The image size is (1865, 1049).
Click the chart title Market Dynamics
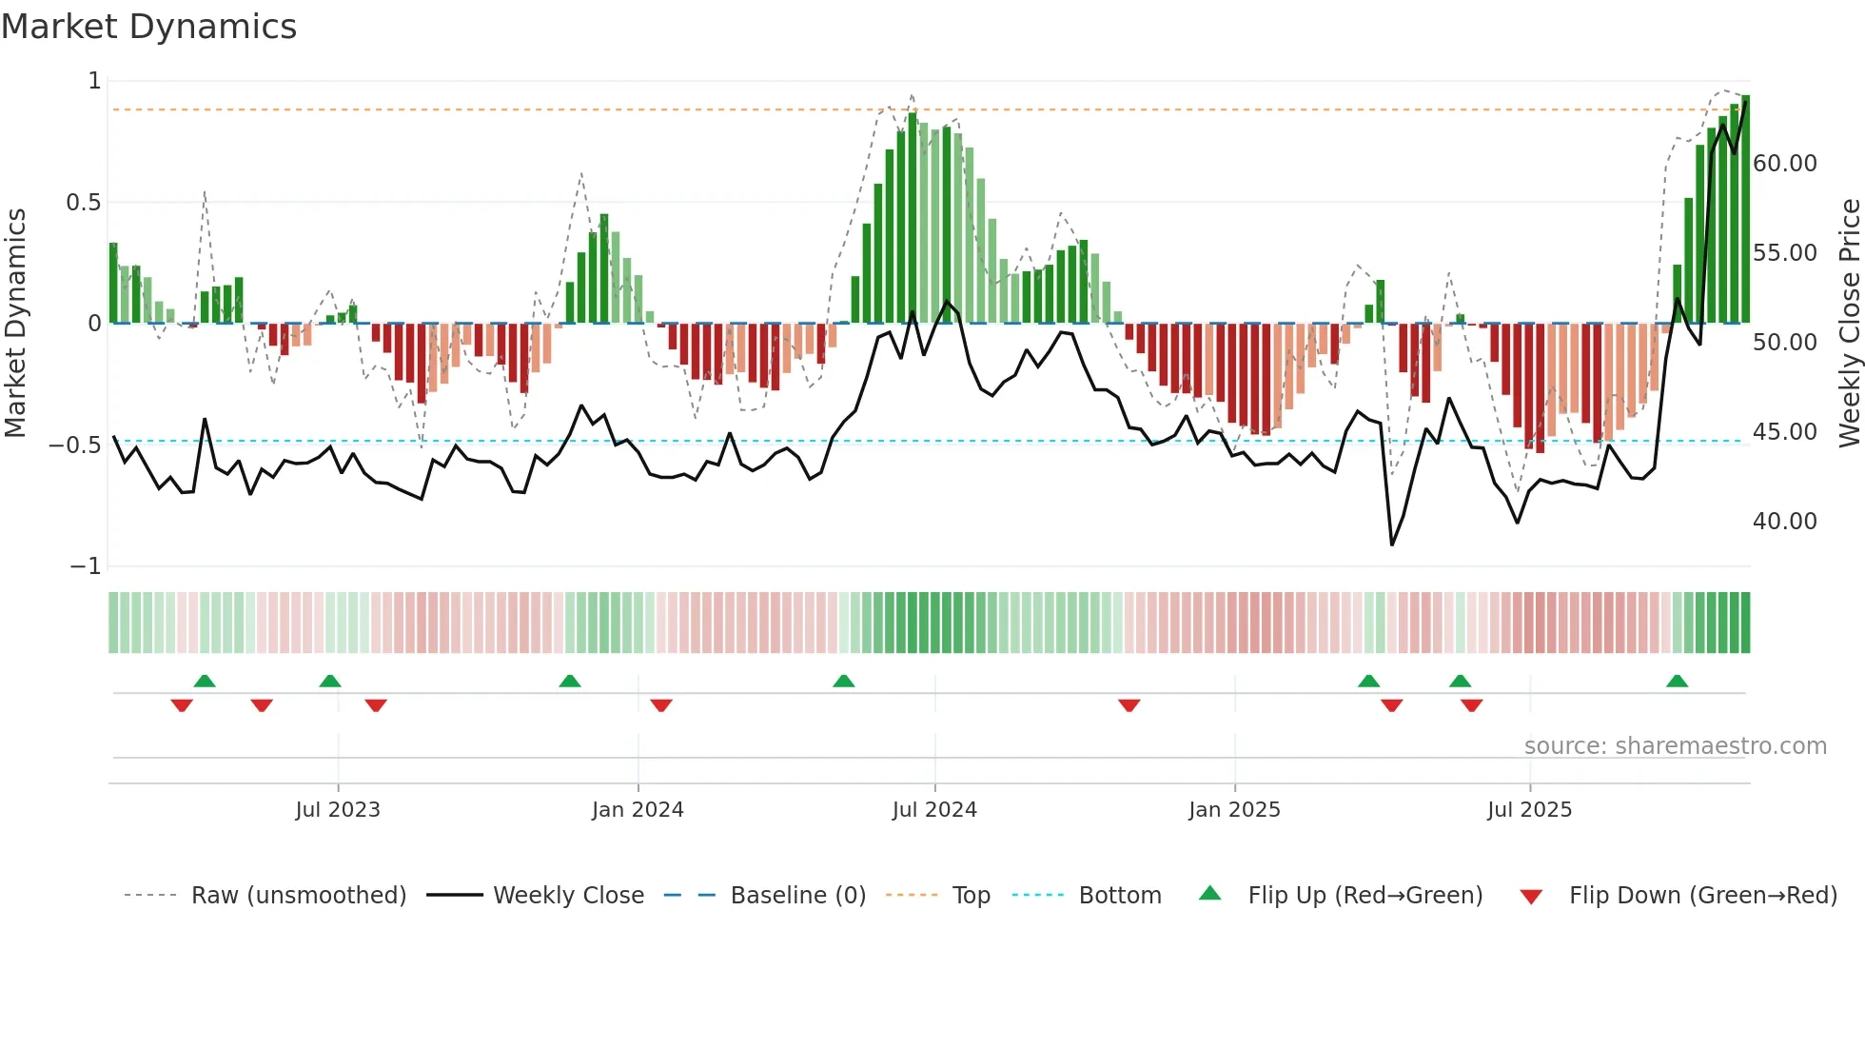[148, 27]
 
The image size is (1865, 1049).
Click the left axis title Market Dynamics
[15, 324]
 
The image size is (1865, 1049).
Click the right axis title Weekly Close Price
[1849, 324]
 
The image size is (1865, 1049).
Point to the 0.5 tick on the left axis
[84, 203]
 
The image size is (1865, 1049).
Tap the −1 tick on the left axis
[86, 566]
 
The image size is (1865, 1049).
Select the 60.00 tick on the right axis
[1784, 164]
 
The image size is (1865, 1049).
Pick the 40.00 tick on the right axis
[1784, 522]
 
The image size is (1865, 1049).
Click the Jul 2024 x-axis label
[934, 810]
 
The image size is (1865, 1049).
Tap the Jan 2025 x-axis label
[1234, 810]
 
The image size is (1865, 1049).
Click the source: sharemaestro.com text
[1675, 746]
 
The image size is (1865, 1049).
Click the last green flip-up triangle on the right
[1677, 682]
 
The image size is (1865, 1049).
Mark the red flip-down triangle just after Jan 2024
[661, 705]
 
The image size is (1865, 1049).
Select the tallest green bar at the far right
[1745, 209]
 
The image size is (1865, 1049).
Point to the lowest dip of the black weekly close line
[1392, 544]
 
